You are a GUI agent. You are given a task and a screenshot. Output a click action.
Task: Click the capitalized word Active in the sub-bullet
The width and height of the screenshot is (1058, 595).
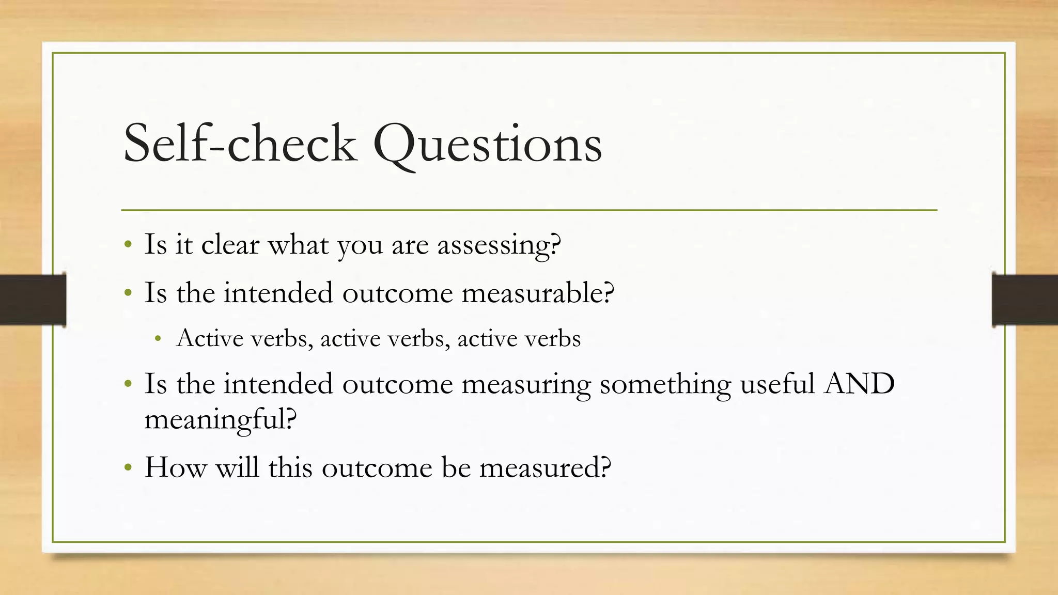210,338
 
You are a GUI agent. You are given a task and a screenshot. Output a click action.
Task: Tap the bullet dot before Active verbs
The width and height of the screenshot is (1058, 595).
158,339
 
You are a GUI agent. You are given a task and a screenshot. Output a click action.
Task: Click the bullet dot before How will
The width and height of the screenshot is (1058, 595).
128,468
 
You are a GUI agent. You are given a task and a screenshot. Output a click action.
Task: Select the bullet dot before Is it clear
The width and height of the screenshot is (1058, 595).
128,245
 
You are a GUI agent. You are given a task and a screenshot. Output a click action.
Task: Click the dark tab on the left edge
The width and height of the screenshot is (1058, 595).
33,300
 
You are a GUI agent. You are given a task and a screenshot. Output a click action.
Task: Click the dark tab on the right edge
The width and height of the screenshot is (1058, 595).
1024,300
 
